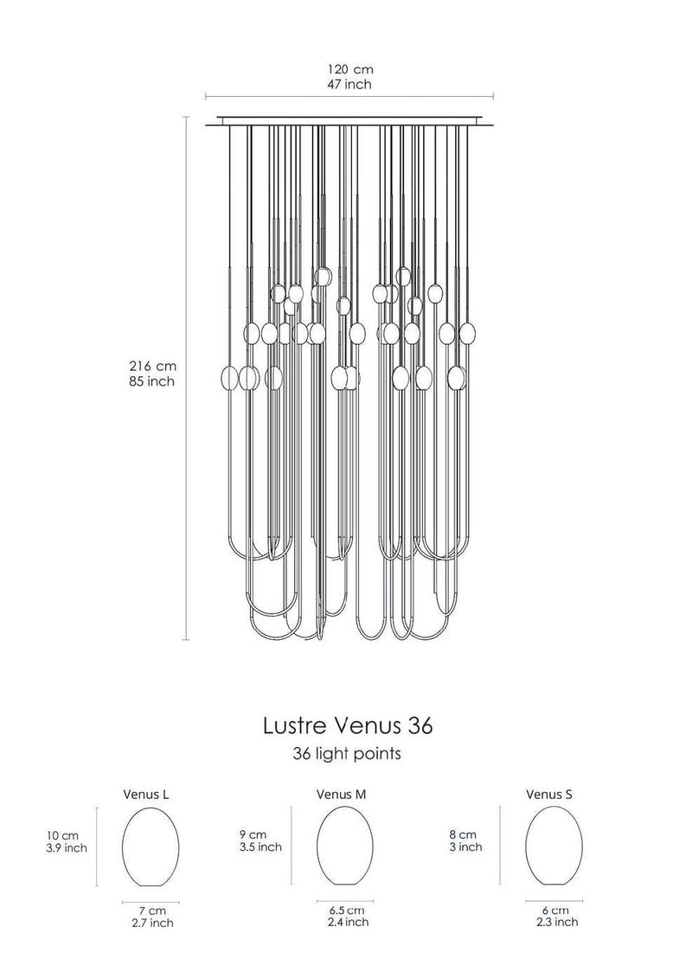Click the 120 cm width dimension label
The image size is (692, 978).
(350, 69)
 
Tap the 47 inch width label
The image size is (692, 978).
(349, 84)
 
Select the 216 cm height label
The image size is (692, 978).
(152, 366)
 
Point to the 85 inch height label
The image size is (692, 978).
(151, 380)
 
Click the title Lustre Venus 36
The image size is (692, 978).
(347, 726)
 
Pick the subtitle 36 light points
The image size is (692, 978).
(347, 753)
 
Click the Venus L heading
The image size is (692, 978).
(146, 795)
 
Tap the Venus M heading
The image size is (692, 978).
(341, 795)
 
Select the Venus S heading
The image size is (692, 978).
(549, 795)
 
